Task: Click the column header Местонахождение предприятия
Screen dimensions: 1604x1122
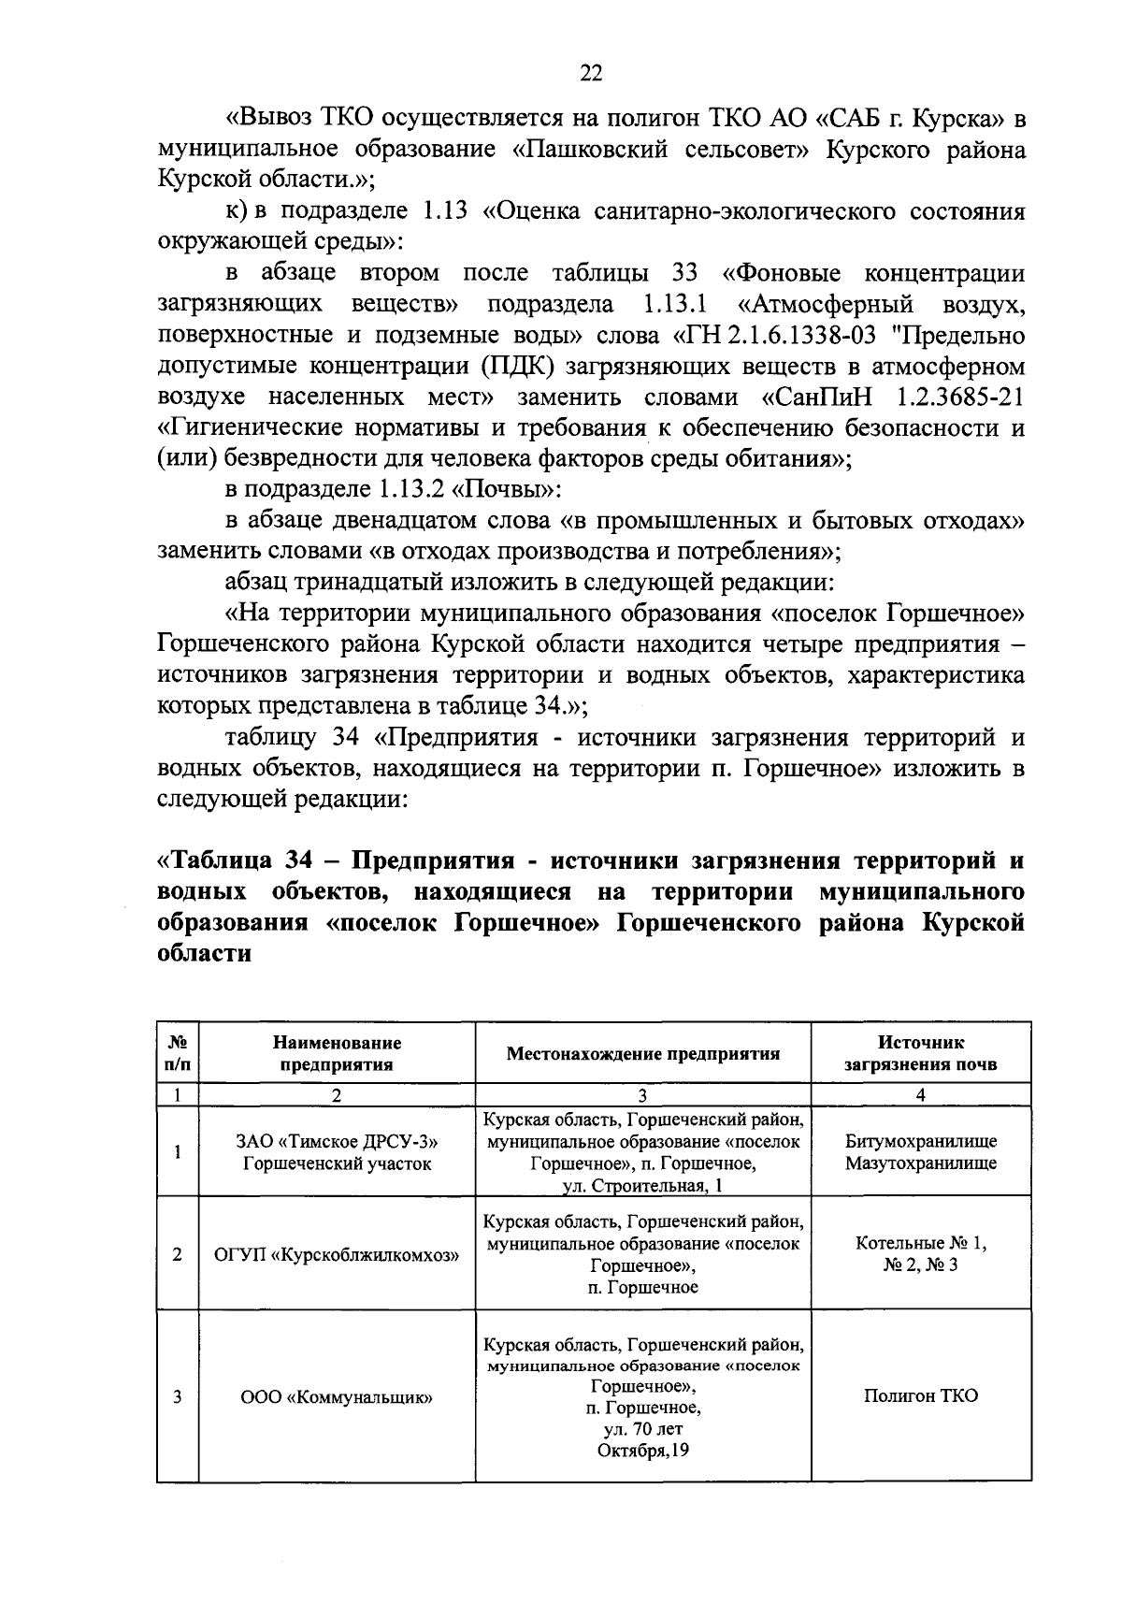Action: click(642, 1053)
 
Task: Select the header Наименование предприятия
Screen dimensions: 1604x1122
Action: click(338, 1053)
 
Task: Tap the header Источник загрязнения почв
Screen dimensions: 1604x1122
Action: click(920, 1053)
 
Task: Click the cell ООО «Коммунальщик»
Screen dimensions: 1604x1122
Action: click(338, 1397)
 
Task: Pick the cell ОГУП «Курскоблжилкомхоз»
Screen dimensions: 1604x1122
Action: click(338, 1254)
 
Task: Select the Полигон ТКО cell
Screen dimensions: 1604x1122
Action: click(920, 1396)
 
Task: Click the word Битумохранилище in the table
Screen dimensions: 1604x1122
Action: click(920, 1141)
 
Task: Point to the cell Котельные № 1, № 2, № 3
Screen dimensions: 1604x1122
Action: click(920, 1254)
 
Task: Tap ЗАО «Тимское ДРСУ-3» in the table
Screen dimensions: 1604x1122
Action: click(338, 1141)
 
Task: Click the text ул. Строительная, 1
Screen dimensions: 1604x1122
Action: click(642, 1186)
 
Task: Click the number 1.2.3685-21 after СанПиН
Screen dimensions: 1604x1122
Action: click(959, 397)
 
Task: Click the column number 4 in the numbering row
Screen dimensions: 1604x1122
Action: click(920, 1095)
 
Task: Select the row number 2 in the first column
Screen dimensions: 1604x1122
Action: click(178, 1254)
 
